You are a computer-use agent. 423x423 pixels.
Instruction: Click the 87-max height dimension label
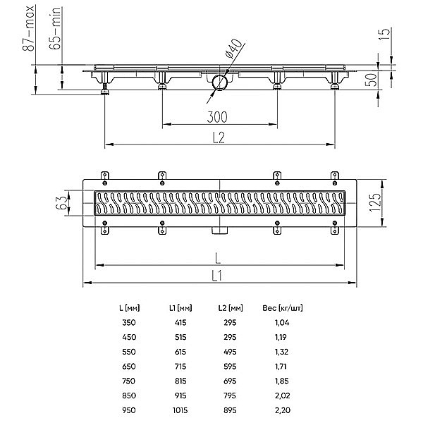[x=28, y=28]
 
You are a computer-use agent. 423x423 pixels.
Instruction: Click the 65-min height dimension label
[x=55, y=28]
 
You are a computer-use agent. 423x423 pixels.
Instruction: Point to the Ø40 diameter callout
[x=233, y=48]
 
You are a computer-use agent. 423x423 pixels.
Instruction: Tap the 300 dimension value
[x=217, y=117]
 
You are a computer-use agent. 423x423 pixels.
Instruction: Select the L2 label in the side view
[x=219, y=137]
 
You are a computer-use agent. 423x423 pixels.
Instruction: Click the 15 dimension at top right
[x=384, y=35]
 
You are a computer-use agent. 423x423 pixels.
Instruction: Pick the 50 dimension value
[x=372, y=80]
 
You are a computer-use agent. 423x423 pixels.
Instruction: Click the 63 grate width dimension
[x=61, y=202]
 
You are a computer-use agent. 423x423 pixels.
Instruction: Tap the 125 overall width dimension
[x=375, y=202]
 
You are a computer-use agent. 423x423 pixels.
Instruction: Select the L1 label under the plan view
[x=216, y=276]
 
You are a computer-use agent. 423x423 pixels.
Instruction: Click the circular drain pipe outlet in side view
[x=220, y=82]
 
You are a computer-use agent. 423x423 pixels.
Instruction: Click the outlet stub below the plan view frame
[x=219, y=231]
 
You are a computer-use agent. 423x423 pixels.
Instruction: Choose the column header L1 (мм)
[x=180, y=308]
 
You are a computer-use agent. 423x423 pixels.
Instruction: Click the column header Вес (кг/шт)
[x=283, y=308]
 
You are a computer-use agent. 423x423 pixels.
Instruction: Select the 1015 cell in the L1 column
[x=180, y=410]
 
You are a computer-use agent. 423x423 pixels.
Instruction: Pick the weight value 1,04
[x=282, y=323]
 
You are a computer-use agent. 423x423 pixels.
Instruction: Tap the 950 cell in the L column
[x=129, y=410]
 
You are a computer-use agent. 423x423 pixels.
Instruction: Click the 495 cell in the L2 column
[x=230, y=352]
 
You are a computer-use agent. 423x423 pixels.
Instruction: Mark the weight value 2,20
[x=283, y=410]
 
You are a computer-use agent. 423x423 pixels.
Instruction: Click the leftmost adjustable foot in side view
[x=104, y=89]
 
